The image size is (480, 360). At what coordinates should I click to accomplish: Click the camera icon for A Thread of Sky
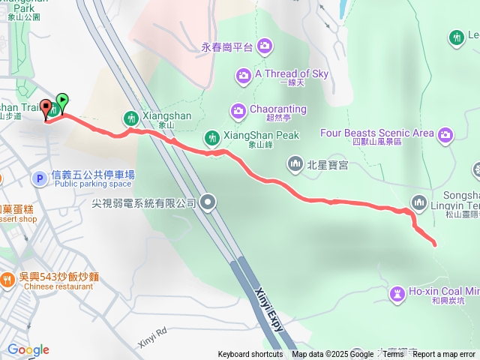242,74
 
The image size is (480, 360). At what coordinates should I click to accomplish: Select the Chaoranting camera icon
238,110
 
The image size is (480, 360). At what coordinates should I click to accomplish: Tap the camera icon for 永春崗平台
264,47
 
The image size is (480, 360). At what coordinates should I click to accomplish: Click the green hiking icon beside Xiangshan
130,118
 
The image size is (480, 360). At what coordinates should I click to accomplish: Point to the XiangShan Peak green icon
212,137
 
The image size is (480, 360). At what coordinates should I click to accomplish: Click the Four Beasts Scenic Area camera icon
446,134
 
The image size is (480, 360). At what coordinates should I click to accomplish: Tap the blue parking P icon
39,178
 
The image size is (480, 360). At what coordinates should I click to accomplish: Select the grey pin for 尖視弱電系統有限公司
208,202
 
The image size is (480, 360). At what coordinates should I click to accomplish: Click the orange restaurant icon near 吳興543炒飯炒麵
7,280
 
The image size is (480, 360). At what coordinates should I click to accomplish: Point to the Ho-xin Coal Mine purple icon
397,292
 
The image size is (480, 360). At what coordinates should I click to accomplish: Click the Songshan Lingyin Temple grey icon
418,201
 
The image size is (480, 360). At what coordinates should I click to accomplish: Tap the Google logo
28,349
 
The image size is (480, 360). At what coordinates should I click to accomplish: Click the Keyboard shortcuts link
250,355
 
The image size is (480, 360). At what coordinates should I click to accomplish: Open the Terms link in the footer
393,355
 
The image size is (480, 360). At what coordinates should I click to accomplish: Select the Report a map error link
444,355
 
